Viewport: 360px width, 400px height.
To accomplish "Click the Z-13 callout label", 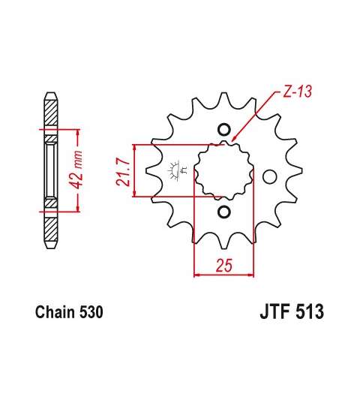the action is click(x=298, y=92).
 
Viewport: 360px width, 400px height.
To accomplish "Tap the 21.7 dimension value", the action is click(x=123, y=171).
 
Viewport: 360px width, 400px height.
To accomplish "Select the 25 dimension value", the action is click(x=224, y=265).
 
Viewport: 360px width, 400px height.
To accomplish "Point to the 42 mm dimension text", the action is click(x=77, y=170).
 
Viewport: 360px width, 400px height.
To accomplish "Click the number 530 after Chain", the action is click(x=91, y=312).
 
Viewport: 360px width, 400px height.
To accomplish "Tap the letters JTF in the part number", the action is click(x=274, y=311).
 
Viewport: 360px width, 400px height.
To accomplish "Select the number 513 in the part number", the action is click(x=309, y=311).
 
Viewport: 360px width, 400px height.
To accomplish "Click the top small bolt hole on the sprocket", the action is click(x=224, y=130).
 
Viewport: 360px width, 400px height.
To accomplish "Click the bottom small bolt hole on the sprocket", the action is click(x=224, y=212).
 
